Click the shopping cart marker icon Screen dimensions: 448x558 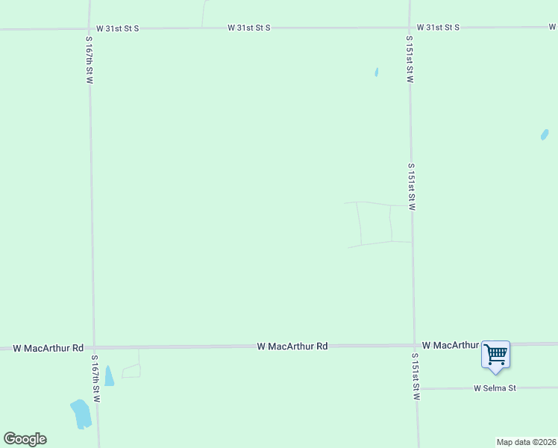point(495,355)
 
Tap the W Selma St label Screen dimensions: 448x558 point(495,388)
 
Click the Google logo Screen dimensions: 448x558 point(25,439)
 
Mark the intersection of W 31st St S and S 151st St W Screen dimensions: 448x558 point(410,28)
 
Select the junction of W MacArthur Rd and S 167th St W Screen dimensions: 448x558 point(93,348)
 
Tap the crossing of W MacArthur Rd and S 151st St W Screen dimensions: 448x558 point(415,346)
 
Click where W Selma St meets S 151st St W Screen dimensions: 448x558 point(416,389)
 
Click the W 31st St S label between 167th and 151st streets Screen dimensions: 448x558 point(248,28)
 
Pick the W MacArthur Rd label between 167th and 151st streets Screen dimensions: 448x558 point(292,346)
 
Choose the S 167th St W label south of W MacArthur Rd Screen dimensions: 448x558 point(95,379)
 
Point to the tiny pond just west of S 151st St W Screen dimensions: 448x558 point(377,72)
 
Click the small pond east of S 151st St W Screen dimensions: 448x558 point(545,134)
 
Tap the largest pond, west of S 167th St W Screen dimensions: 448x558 point(81,414)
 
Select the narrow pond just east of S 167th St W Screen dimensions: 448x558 point(109,376)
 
